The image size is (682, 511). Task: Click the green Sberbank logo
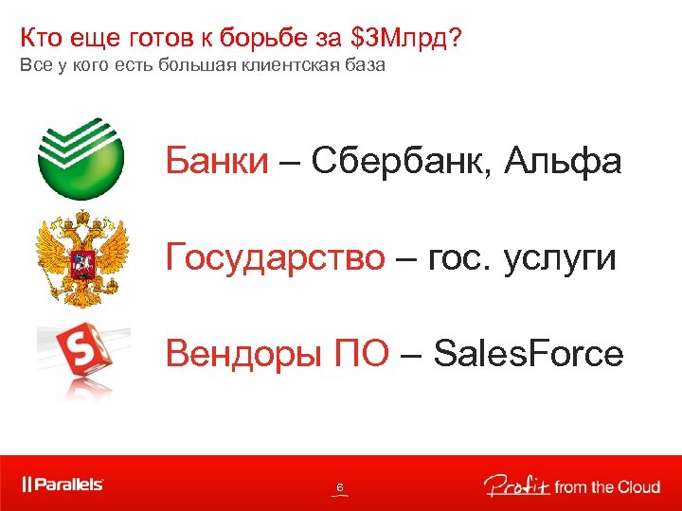coord(81,157)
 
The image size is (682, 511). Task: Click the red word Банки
coord(217,161)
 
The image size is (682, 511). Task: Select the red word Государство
coord(276,256)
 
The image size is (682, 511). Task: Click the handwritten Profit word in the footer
coord(513,485)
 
